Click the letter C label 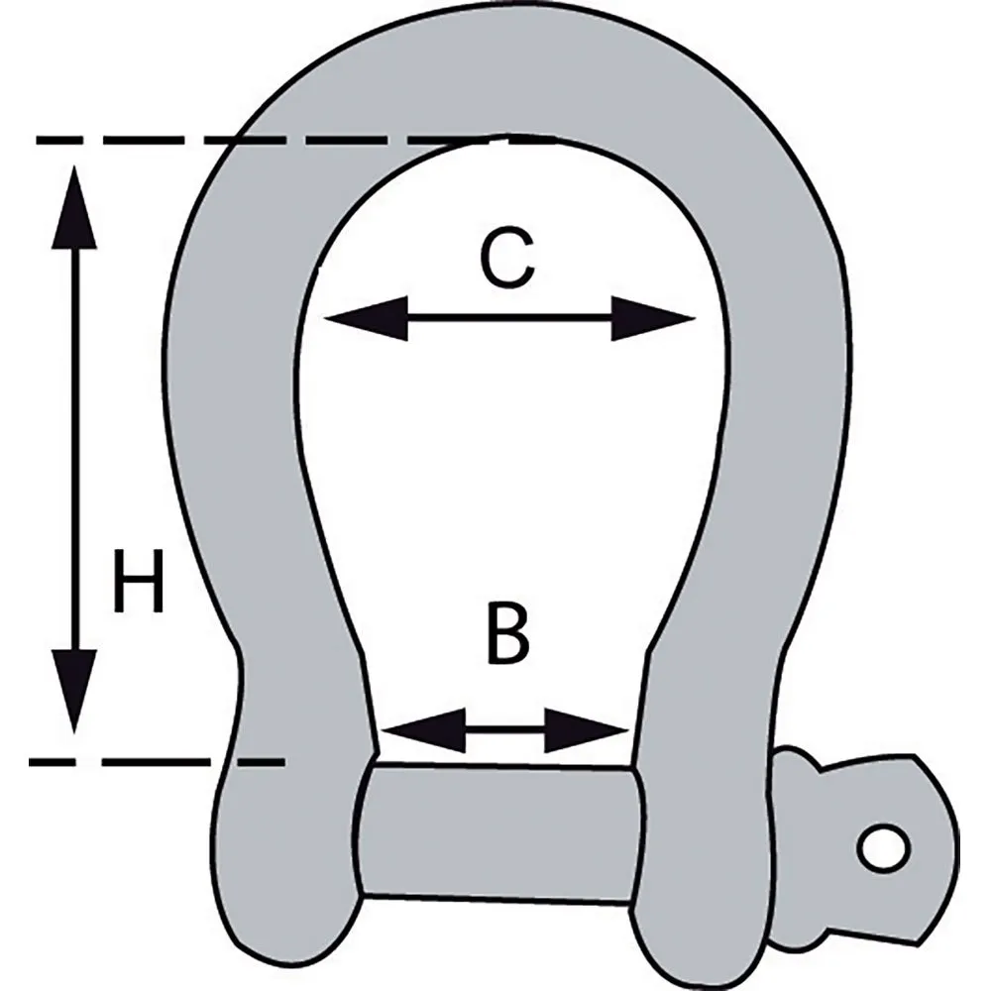point(506,259)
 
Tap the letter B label point(507,634)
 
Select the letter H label point(139,582)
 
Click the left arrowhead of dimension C point(366,318)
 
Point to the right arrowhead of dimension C point(653,318)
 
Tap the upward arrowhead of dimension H point(74,207)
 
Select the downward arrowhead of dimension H point(74,692)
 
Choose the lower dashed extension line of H point(157,762)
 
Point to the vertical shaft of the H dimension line point(74,450)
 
